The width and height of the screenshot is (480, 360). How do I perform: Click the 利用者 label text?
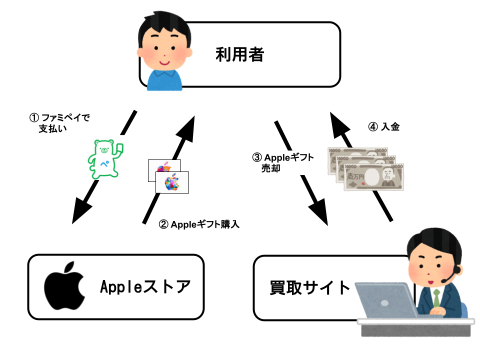[x=239, y=54]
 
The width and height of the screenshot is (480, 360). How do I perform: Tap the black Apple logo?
[x=63, y=286]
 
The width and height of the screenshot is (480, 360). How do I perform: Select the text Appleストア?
[x=145, y=287]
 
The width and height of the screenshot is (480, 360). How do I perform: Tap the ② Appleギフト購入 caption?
[x=199, y=224]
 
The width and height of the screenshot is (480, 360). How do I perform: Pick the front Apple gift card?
[x=172, y=182]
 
